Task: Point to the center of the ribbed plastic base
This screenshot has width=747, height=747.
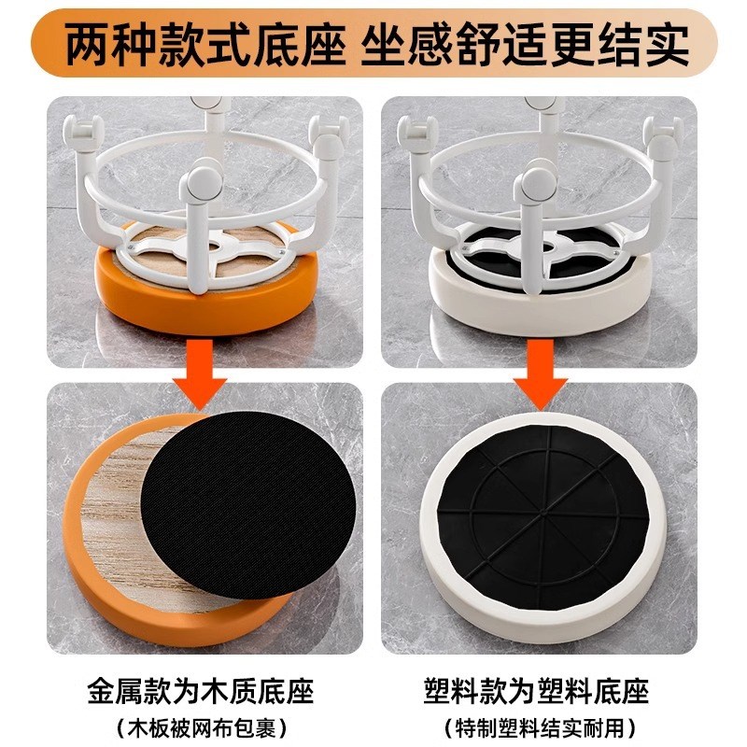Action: [543, 516]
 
